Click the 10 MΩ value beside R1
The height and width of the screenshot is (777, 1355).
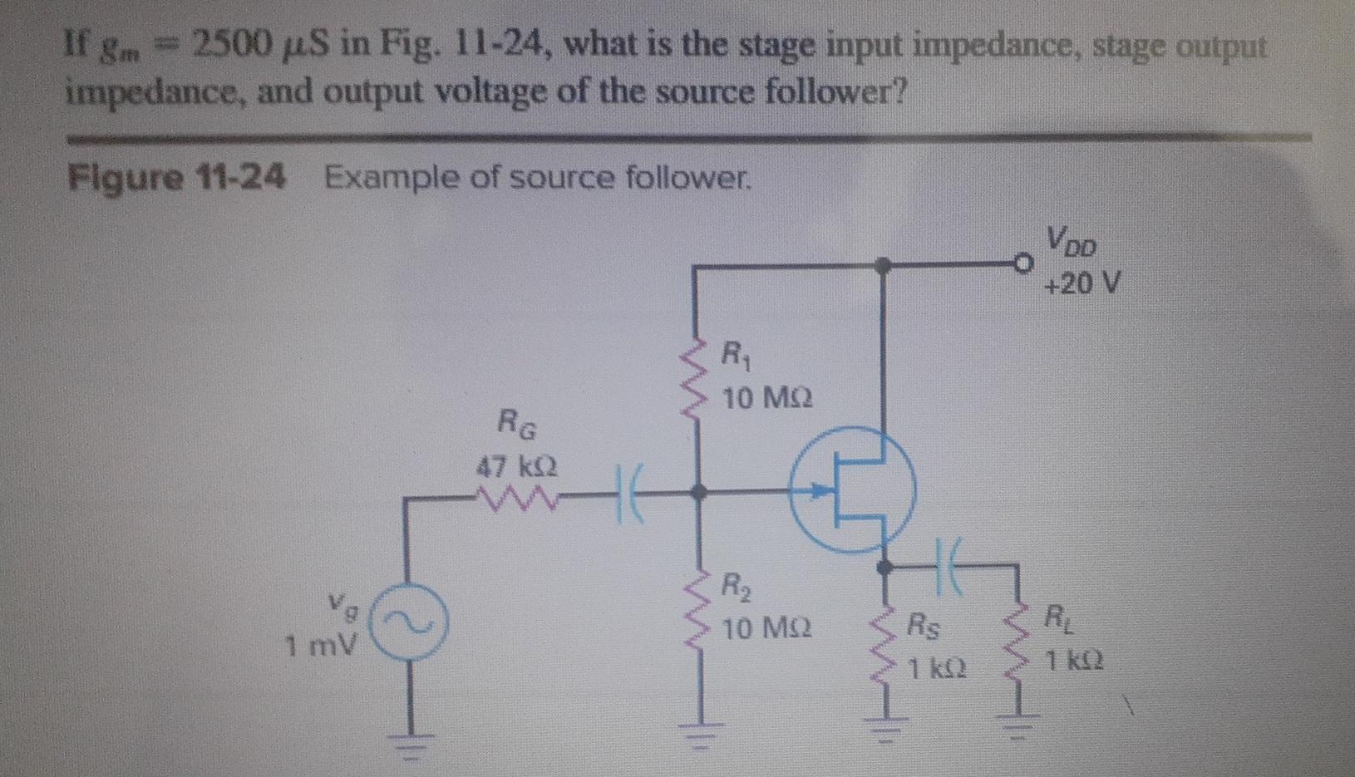point(766,400)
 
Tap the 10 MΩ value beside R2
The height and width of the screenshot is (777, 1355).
point(766,628)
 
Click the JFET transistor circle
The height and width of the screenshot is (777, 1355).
point(852,490)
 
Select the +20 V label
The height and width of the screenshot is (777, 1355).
point(1082,285)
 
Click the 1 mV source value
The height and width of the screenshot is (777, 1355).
point(321,644)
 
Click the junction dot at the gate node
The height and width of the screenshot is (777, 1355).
point(699,492)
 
